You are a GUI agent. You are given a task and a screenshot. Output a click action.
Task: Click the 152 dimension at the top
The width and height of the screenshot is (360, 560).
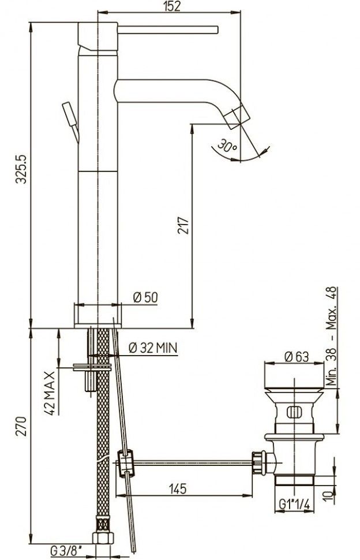click(172, 6)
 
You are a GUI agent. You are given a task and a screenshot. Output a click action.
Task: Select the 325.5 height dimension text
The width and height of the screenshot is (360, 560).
click(21, 169)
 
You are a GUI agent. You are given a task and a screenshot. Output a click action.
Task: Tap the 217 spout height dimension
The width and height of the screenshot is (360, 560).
click(182, 225)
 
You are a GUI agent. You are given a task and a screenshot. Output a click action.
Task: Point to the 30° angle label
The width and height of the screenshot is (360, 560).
click(227, 146)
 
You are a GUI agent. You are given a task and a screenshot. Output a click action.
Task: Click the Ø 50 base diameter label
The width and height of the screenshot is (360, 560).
click(145, 297)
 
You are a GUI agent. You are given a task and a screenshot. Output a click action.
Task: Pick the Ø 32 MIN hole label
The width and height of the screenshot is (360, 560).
click(153, 348)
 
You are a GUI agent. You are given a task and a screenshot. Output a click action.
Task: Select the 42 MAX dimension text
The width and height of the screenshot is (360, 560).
click(50, 393)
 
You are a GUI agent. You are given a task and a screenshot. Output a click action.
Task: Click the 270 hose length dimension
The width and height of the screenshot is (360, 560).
click(21, 426)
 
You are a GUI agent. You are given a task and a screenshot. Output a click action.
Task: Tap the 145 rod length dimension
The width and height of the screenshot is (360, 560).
click(178, 488)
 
